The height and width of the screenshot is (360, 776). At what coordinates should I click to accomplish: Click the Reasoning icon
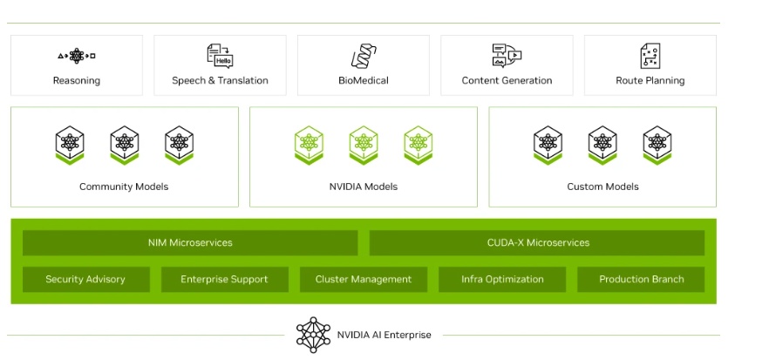77,56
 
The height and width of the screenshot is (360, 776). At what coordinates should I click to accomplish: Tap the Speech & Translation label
220,81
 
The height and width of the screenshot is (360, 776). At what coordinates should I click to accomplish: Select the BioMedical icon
363,57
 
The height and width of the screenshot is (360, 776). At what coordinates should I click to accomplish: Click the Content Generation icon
507,56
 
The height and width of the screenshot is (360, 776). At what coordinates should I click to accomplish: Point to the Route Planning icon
650,56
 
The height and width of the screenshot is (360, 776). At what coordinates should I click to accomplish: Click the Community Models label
124,187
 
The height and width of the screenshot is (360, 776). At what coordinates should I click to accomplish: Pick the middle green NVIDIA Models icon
364,145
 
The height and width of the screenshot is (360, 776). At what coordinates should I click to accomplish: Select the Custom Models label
602,187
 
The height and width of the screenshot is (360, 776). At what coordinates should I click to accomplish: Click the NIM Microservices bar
190,242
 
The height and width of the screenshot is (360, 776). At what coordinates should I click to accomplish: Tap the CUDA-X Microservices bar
537,242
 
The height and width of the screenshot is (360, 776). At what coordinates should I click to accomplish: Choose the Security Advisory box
85,279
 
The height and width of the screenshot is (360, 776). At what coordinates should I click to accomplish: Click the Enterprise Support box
224,279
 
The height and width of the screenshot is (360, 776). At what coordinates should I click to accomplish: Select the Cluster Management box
363,279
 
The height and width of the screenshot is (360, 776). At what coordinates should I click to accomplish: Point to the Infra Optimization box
502,279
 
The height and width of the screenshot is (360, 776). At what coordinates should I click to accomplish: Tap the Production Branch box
641,279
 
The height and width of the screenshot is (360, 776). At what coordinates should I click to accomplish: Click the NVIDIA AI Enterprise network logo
314,334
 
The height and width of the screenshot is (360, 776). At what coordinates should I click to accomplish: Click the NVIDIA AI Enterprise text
384,335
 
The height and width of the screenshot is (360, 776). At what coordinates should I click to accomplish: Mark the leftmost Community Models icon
69,145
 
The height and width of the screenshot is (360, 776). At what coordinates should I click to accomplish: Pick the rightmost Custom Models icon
657,145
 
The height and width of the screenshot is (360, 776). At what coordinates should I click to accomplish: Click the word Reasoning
77,81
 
